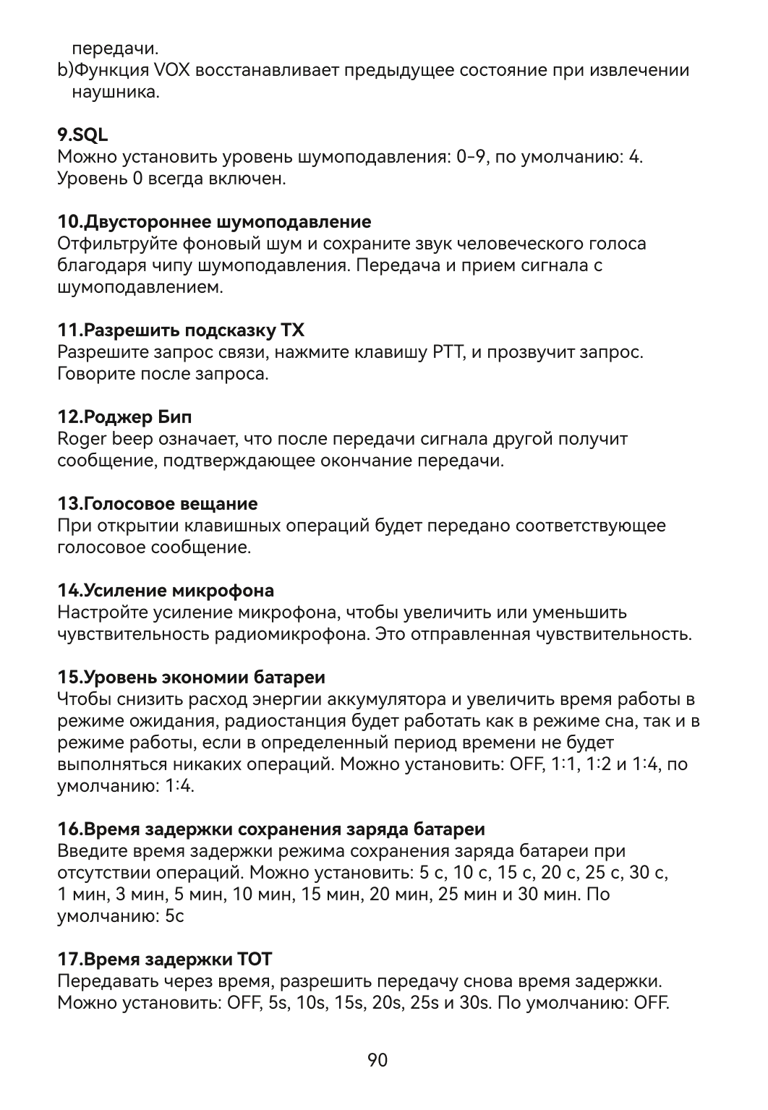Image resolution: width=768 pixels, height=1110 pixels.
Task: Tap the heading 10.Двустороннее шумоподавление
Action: click(214, 221)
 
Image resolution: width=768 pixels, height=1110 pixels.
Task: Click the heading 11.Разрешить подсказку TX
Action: click(181, 330)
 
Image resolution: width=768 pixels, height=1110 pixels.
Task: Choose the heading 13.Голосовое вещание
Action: click(157, 503)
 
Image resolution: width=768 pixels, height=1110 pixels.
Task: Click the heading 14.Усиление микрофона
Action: click(166, 590)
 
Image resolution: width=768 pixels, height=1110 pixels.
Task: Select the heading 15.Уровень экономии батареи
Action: click(191, 678)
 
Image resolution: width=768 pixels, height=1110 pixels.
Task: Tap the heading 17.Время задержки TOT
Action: click(164, 960)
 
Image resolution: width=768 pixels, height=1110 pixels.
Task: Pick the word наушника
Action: click(115, 93)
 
